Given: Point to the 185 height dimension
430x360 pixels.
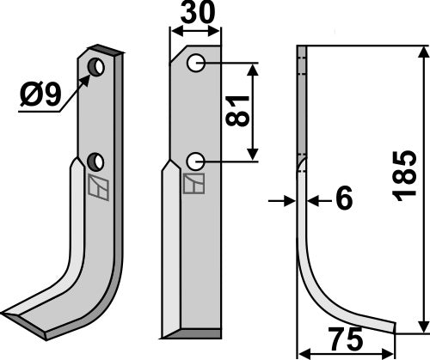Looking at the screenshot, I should pyautogui.click(x=404, y=176).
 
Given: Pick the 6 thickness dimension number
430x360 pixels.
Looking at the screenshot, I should pyautogui.click(x=343, y=200).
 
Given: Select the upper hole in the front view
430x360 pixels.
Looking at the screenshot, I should pyautogui.click(x=196, y=62).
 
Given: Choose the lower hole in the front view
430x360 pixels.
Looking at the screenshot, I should pyautogui.click(x=196, y=160).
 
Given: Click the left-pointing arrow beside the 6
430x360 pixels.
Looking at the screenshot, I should pyautogui.click(x=315, y=200).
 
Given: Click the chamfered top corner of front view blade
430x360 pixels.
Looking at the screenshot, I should pyautogui.click(x=177, y=55).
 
